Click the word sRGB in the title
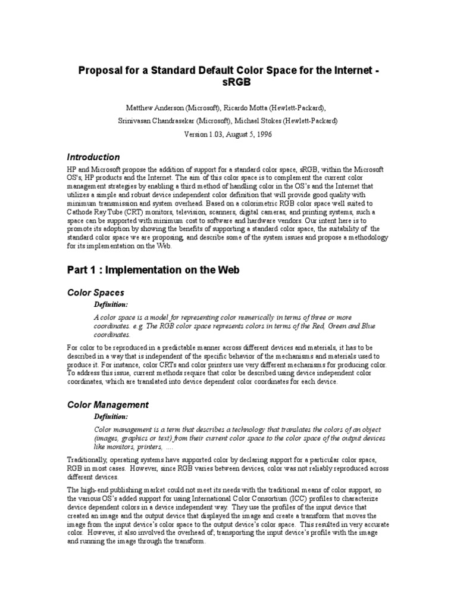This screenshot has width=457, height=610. (228, 83)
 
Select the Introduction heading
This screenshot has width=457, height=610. (93, 157)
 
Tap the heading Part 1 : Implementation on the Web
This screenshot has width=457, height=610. (154, 270)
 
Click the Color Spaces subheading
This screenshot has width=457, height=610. (96, 292)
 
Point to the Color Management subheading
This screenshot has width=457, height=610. (108, 404)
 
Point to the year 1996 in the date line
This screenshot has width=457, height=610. (264, 134)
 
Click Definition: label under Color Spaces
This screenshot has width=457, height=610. (111, 304)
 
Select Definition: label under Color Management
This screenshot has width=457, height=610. (111, 416)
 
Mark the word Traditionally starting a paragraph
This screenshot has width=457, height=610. (90, 460)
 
